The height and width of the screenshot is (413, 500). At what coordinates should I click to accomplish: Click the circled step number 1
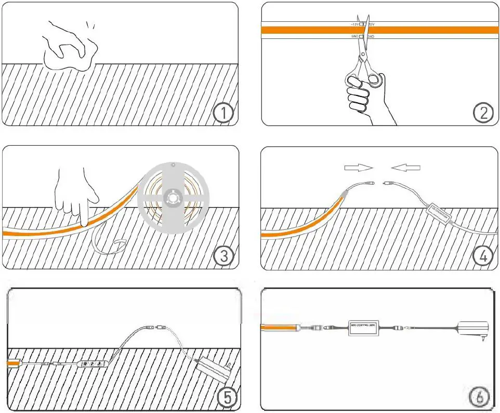[x=223, y=114]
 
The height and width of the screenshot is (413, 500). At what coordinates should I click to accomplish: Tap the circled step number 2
[x=483, y=113]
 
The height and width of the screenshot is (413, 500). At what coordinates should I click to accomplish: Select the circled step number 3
[x=223, y=256]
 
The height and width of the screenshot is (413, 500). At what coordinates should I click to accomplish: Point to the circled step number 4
[x=483, y=256]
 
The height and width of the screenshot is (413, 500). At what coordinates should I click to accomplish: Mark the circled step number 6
[x=479, y=397]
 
